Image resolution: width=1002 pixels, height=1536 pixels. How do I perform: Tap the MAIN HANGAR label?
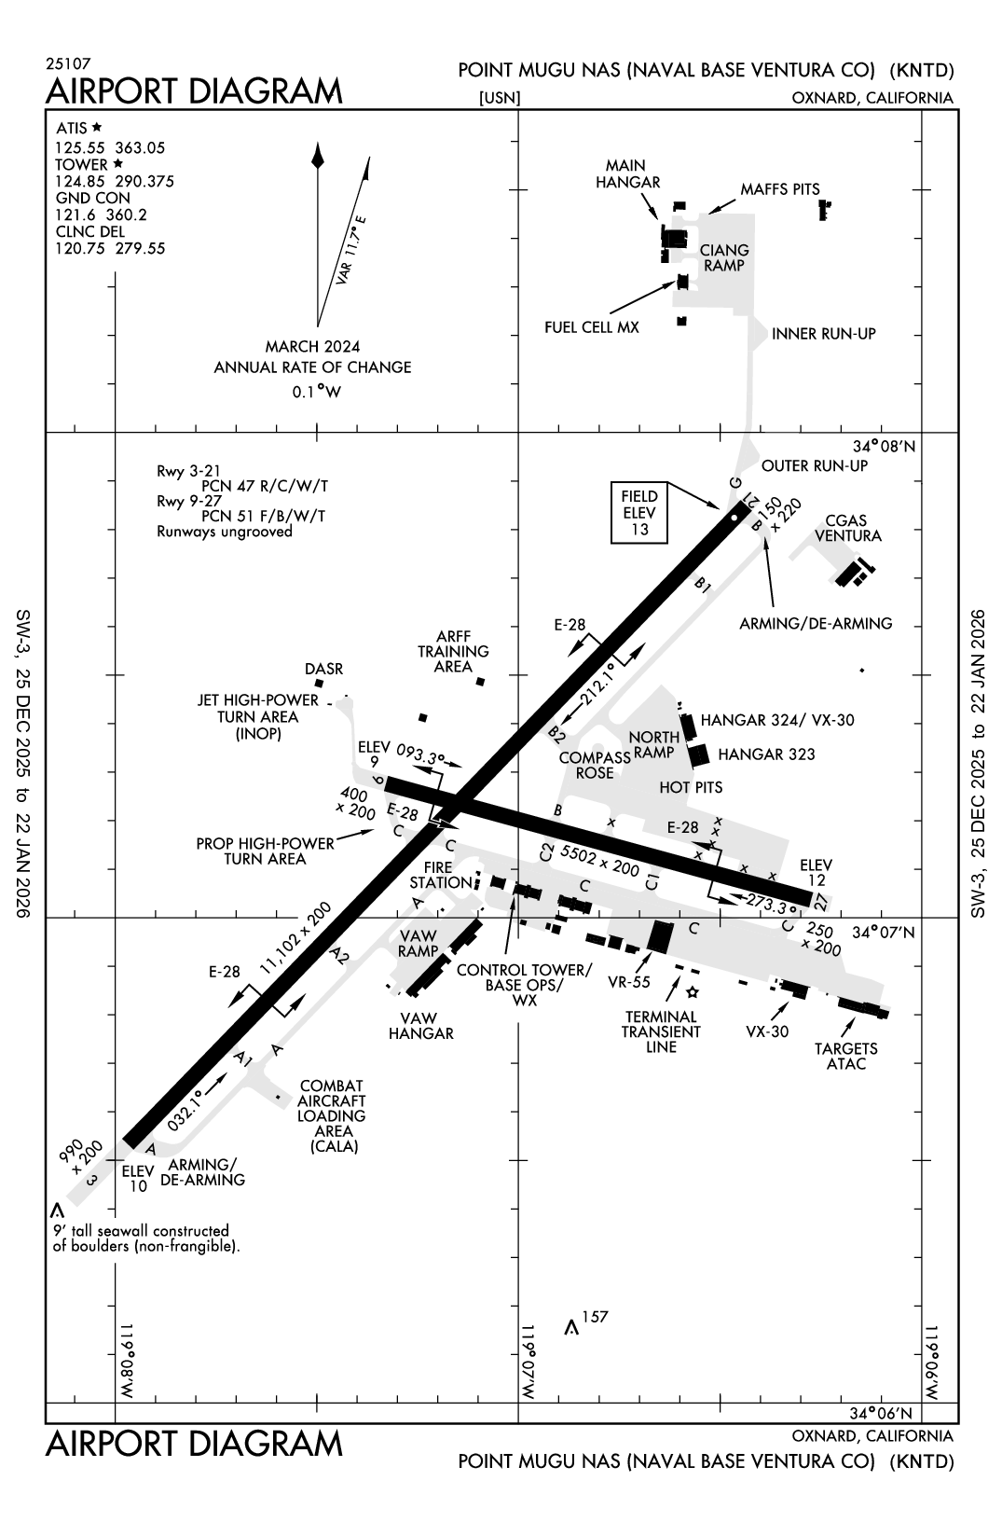[628, 174]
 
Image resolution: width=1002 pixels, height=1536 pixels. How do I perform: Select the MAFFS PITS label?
[780, 189]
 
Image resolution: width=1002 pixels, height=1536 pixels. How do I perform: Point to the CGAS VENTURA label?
[848, 529]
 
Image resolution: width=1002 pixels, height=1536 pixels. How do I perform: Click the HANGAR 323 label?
[766, 754]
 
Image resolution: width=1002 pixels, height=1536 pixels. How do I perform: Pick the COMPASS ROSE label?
[594, 766]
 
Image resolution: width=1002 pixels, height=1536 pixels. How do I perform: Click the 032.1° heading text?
[186, 1110]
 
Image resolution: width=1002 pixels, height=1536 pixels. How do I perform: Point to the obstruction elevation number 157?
[594, 1317]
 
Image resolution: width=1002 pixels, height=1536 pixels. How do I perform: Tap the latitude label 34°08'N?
[885, 447]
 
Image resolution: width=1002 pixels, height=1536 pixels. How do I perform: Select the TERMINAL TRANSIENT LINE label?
[661, 1031]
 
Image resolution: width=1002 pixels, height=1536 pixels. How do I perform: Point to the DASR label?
[323, 670]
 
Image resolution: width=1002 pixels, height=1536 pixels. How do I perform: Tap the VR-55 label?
[628, 982]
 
